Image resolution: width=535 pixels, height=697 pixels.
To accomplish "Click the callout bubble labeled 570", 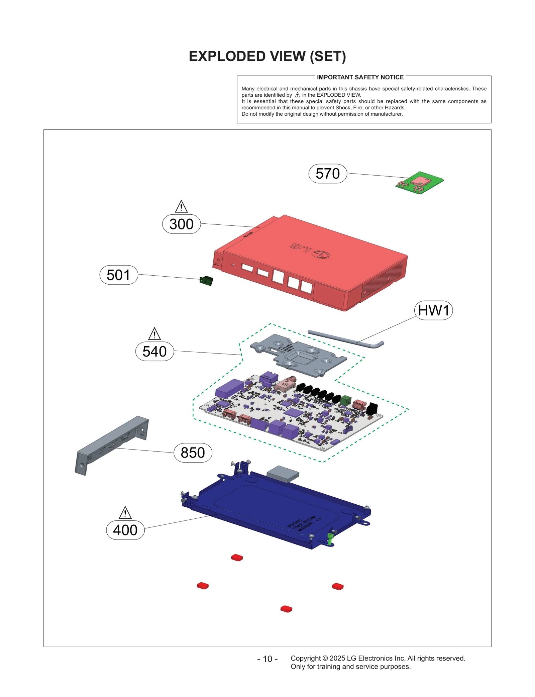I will (x=327, y=174).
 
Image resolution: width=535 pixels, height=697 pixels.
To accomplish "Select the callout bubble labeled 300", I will (x=181, y=224).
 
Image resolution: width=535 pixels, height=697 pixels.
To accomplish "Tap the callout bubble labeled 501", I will (x=119, y=275).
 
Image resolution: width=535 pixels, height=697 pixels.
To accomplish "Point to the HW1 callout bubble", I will (x=433, y=310).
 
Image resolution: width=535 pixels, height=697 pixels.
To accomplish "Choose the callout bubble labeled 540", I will (x=154, y=351).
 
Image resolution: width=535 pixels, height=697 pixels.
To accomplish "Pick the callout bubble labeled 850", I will (x=193, y=453).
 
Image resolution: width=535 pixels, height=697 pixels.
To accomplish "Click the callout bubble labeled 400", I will (x=125, y=530).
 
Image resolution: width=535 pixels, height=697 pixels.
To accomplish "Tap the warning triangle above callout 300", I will (x=181, y=207).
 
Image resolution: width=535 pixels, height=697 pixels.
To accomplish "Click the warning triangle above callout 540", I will (x=154, y=334).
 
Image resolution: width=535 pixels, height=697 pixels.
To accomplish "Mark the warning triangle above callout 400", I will (x=125, y=513).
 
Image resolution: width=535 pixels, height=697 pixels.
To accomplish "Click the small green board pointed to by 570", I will (x=420, y=183).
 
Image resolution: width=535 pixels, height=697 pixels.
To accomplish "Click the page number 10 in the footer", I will (x=267, y=659).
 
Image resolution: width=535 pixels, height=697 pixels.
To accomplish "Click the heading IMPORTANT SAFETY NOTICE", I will (x=360, y=77).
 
